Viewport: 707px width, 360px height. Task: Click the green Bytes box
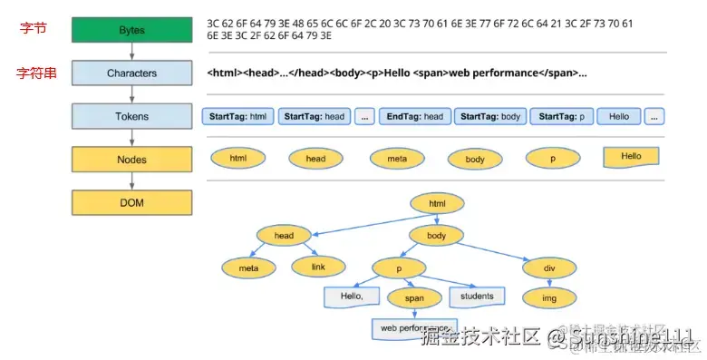point(131,31)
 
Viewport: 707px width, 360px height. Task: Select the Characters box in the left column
point(131,73)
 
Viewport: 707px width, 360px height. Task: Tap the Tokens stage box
point(131,116)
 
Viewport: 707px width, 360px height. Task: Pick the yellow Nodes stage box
point(131,159)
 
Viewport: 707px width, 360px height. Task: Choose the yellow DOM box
point(131,202)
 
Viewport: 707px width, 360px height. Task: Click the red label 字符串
point(36,73)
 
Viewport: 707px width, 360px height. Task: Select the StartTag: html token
point(237,117)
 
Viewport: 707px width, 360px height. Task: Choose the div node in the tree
point(549,268)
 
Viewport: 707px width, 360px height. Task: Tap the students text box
point(476,297)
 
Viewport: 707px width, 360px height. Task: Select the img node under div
point(549,297)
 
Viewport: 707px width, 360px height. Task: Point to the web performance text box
point(414,327)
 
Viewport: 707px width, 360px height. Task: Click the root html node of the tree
point(438,204)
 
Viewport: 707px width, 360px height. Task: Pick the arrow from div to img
point(549,282)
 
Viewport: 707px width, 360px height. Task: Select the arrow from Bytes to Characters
point(131,52)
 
